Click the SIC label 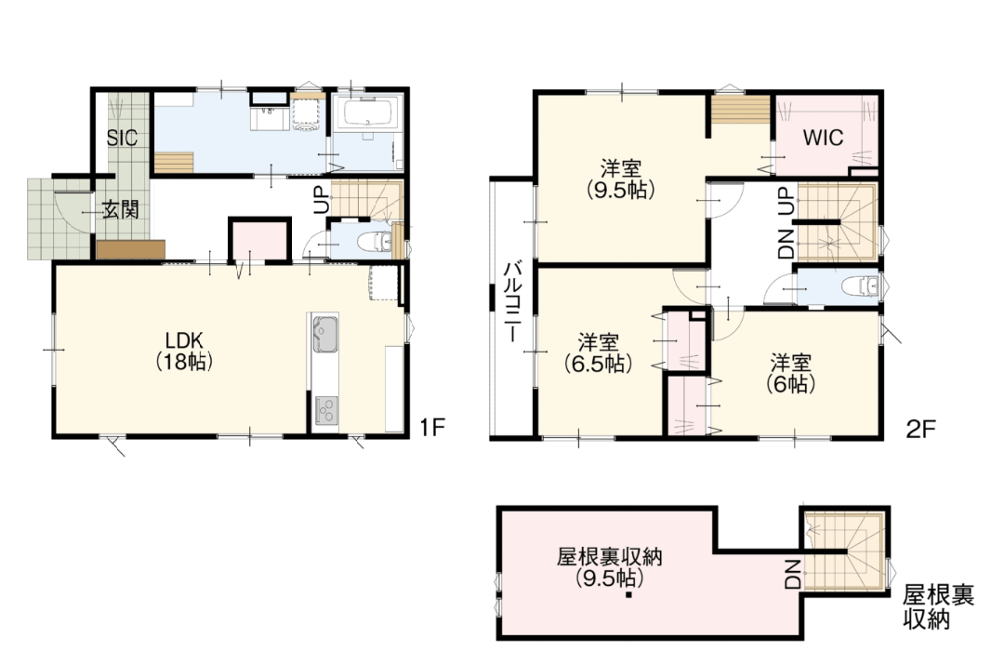point(122,138)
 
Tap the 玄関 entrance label point(121,209)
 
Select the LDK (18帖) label point(184,351)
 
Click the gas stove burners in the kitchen point(325,410)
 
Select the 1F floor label point(433,428)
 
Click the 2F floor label point(919,429)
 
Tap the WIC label point(823,138)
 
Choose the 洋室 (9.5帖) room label point(620,179)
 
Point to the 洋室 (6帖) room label point(790,373)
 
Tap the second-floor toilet point(860,286)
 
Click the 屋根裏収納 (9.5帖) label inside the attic point(609,567)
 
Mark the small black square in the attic point(628,595)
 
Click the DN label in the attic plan point(793,574)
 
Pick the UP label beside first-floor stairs point(322,199)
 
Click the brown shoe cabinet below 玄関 point(131,249)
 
